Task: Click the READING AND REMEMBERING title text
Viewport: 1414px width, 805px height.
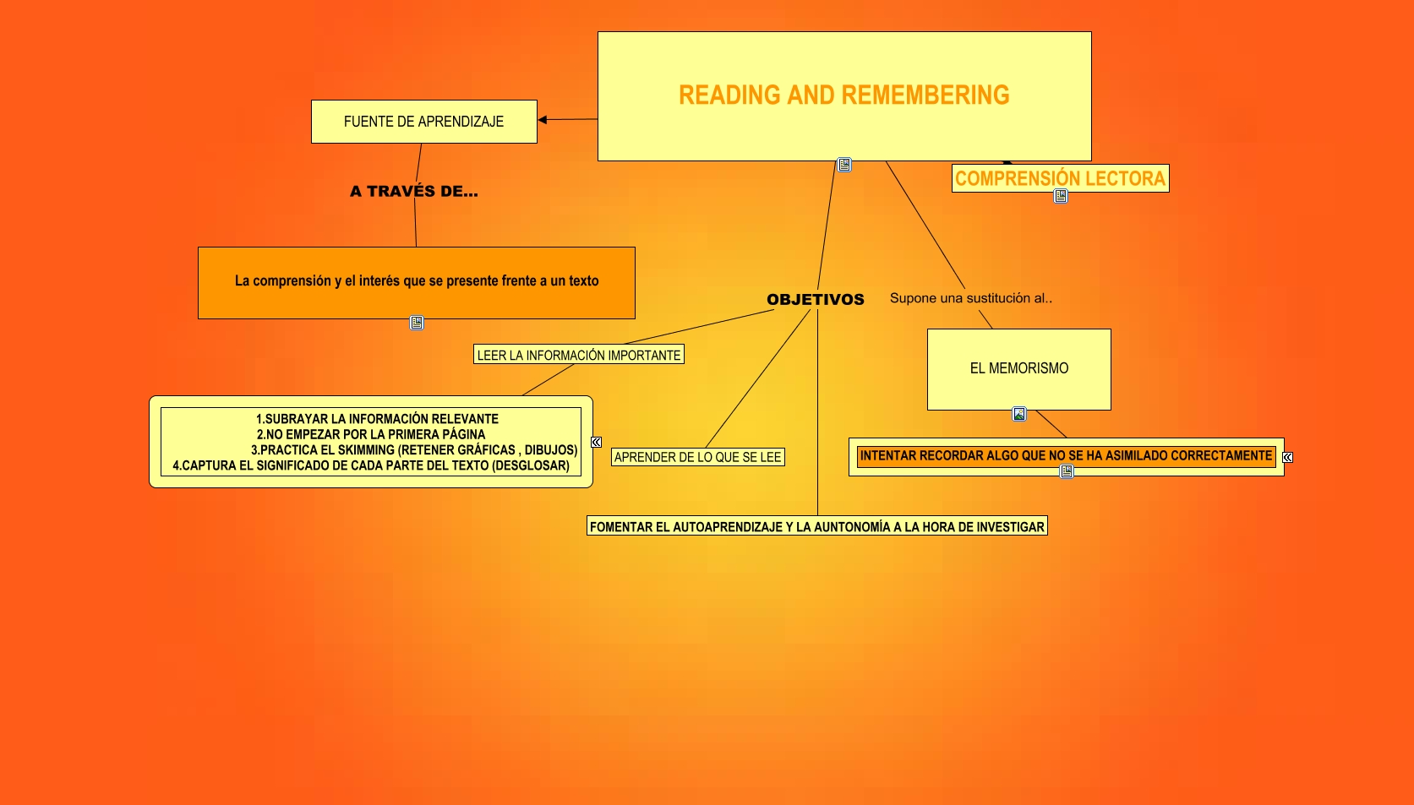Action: click(x=844, y=95)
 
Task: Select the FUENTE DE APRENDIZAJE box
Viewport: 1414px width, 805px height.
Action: click(x=424, y=122)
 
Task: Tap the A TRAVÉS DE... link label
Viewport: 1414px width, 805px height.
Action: click(x=414, y=191)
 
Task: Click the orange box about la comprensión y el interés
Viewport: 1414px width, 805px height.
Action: click(x=417, y=283)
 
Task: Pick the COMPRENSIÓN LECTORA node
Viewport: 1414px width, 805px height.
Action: click(x=1061, y=178)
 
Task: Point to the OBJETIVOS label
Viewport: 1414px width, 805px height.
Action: click(x=816, y=300)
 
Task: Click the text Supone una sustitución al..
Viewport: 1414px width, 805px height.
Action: click(x=971, y=298)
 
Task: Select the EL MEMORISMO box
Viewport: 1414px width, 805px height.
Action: click(x=1018, y=369)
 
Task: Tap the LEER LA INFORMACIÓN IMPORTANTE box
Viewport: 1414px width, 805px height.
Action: click(x=579, y=355)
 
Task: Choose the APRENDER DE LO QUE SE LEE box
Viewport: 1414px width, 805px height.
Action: click(x=697, y=457)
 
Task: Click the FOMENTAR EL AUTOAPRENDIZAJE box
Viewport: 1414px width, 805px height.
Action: click(x=816, y=527)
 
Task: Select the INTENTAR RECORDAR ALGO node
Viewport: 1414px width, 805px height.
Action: click(x=1066, y=456)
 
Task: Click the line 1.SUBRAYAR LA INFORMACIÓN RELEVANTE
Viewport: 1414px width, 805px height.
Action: click(x=377, y=419)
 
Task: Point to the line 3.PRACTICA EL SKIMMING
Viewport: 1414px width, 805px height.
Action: click(x=414, y=450)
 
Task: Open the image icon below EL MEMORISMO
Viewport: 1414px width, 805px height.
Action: click(x=1018, y=415)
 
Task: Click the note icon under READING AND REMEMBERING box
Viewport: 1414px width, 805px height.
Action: click(x=844, y=166)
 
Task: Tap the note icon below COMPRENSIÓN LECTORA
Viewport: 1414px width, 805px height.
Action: click(x=1061, y=197)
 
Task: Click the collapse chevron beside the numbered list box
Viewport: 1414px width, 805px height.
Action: click(x=596, y=443)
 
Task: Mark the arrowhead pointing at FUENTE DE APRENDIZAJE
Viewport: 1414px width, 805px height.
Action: click(x=543, y=120)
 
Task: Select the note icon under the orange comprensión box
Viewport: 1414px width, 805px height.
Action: click(x=417, y=323)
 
